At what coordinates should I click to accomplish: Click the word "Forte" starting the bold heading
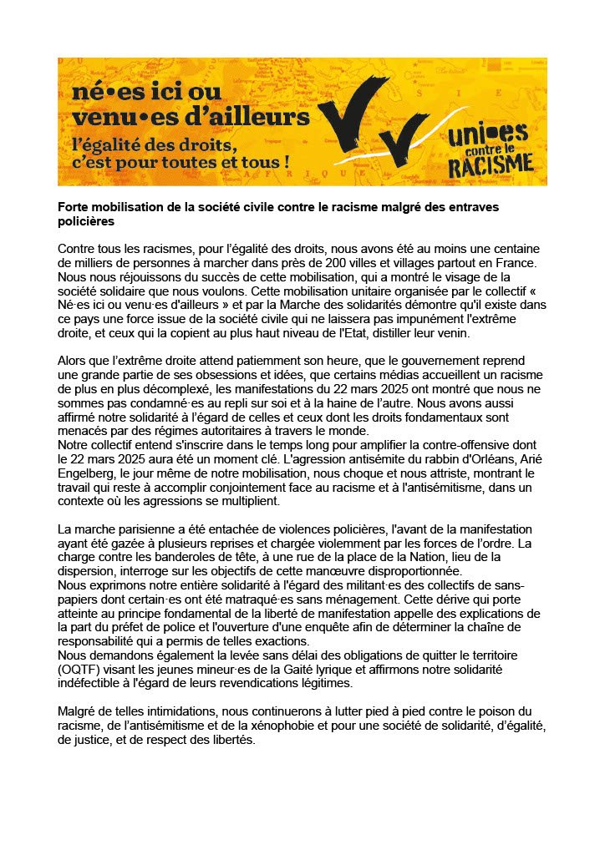click(74, 207)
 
